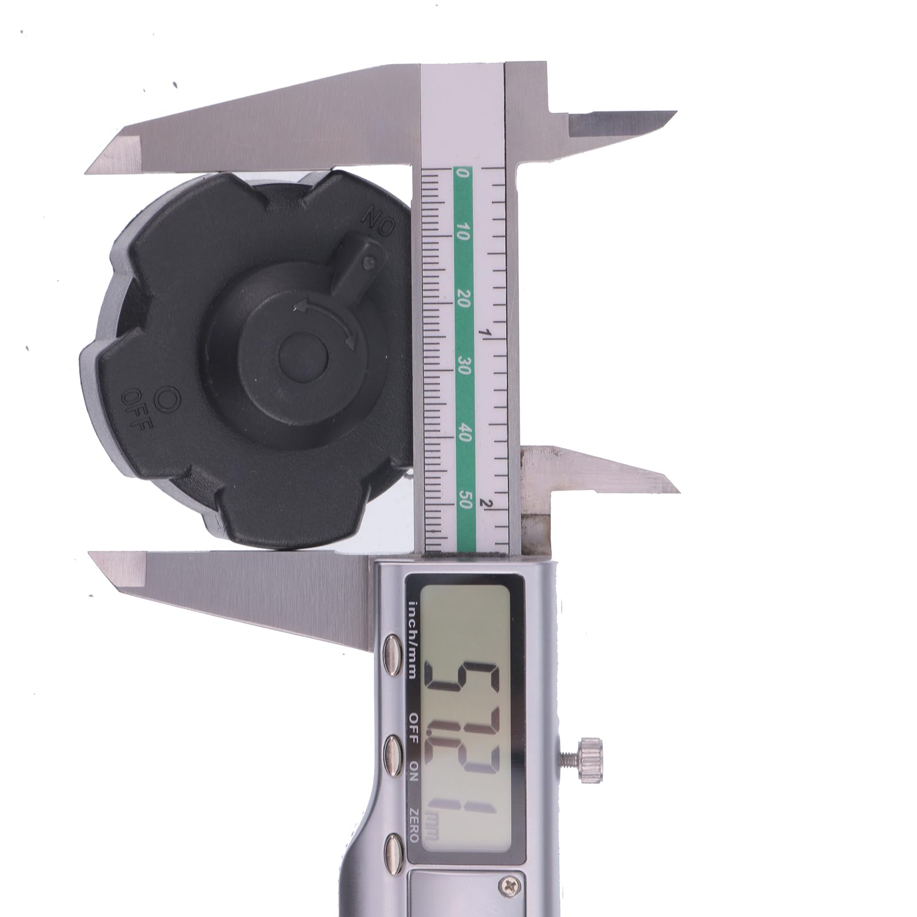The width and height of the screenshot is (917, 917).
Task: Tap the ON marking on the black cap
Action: coord(378,220)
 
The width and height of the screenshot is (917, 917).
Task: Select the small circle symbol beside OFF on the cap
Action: coord(169,397)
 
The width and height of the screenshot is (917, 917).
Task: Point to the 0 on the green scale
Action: coord(464,173)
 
